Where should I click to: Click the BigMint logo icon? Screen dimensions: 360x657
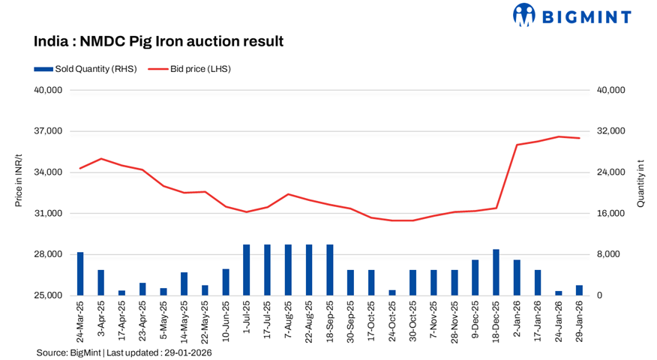(x=524, y=15)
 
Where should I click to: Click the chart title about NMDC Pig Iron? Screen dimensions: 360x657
(x=158, y=41)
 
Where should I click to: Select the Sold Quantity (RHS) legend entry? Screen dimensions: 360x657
(x=85, y=69)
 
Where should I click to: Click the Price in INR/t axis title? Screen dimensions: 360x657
(x=18, y=183)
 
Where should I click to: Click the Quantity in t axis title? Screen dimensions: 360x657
(x=640, y=183)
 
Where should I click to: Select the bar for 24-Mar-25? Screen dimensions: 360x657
(x=80, y=274)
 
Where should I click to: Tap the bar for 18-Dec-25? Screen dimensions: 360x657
(x=496, y=272)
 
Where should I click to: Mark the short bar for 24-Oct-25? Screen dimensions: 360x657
(x=391, y=292)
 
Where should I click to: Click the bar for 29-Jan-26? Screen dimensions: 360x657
(x=579, y=290)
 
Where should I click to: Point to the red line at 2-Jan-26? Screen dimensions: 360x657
(x=517, y=145)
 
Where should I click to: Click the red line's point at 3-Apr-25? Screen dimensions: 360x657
(x=101, y=159)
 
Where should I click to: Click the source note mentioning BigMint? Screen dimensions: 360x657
(x=124, y=352)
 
